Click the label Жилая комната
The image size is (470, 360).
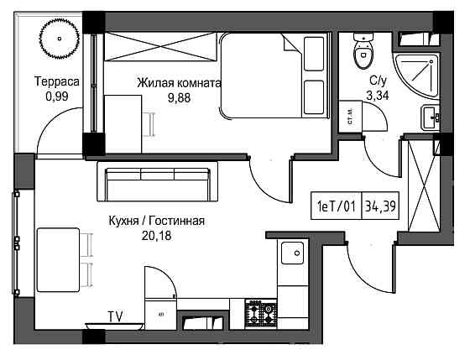(x=178, y=84)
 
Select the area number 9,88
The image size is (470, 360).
(x=179, y=97)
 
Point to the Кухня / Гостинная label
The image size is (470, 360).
(x=157, y=221)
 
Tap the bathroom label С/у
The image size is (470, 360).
(x=377, y=80)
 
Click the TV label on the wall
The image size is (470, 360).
(x=115, y=316)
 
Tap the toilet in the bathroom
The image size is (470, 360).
(x=363, y=52)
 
